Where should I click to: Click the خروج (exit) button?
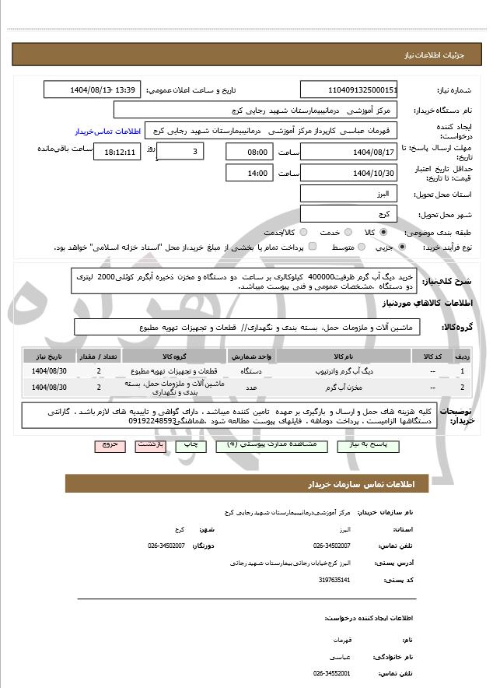[x=109, y=445]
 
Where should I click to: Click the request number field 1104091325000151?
[x=349, y=90]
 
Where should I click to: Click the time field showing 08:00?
[x=250, y=152]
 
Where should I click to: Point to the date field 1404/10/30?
[x=349, y=173]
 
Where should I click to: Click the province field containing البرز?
[x=349, y=194]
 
